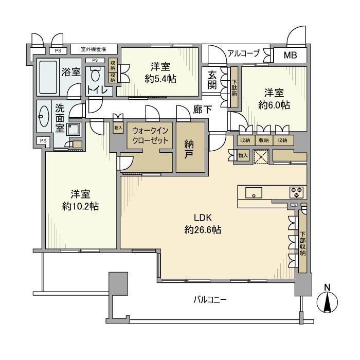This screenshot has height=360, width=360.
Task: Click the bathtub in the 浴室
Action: (48, 77)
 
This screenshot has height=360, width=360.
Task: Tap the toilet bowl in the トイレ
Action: (95, 74)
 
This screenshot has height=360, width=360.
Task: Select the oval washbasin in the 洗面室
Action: (44, 116)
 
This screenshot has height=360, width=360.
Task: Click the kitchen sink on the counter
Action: (254, 192)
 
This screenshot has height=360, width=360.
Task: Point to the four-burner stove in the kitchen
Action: (296, 192)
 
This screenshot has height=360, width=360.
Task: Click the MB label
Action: (291, 55)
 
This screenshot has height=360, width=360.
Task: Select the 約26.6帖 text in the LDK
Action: (203, 229)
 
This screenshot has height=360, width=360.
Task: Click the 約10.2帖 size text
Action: (80, 206)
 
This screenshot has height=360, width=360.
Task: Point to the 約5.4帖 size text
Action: (160, 79)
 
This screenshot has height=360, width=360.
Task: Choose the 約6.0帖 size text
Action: (274, 105)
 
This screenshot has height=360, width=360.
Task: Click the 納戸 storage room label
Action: (189, 149)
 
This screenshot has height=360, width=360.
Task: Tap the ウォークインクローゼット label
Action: (150, 135)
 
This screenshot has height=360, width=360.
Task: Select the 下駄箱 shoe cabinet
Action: (235, 87)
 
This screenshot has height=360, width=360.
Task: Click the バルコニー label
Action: (210, 300)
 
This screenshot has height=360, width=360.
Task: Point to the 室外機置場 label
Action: (94, 49)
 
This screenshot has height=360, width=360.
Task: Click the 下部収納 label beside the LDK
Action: (302, 244)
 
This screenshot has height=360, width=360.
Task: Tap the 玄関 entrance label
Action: (212, 80)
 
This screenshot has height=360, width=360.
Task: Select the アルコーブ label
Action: (243, 53)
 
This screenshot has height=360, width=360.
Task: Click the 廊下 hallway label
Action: (202, 110)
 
